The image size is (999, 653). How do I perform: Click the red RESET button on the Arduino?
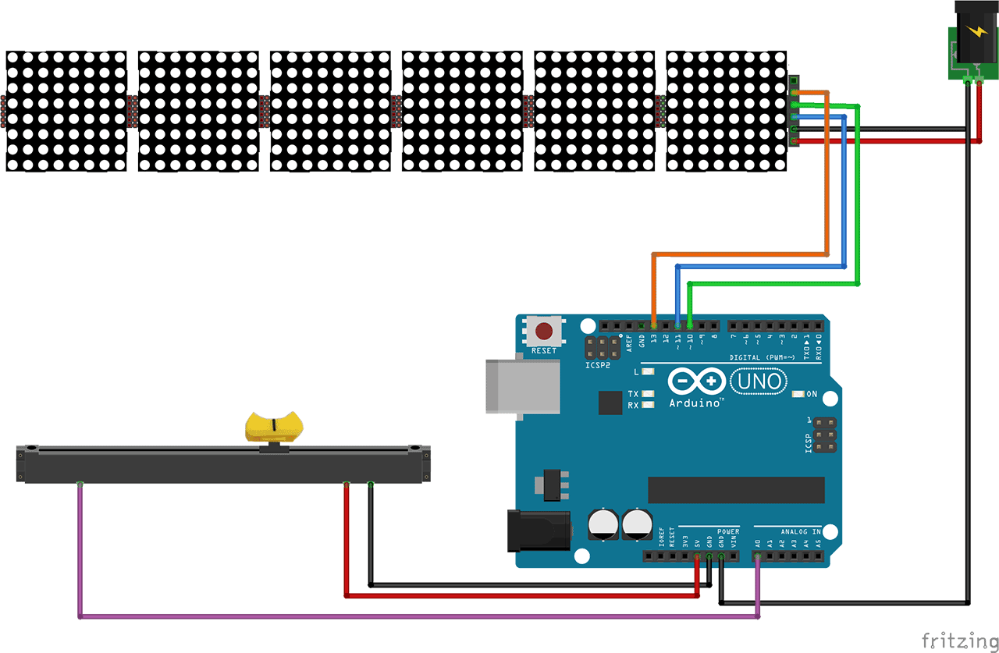click(544, 332)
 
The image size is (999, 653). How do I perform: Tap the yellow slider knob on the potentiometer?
click(274, 426)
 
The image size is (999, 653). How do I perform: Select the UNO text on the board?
click(758, 381)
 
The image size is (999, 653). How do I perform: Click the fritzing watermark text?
click(958, 640)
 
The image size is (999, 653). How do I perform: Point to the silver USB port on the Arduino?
click(522, 386)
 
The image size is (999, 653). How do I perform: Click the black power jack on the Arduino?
click(539, 530)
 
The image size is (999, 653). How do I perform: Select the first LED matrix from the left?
click(66, 111)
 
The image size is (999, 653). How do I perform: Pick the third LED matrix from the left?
click(330, 111)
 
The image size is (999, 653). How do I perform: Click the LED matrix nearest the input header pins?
click(726, 111)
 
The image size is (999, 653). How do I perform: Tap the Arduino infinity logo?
click(695, 382)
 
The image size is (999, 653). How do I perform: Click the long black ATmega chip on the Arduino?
click(735, 490)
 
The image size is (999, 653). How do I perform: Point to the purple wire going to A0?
click(390, 617)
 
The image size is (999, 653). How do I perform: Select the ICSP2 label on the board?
click(596, 365)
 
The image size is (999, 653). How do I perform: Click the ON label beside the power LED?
click(812, 394)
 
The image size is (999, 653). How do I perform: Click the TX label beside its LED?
click(633, 394)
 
